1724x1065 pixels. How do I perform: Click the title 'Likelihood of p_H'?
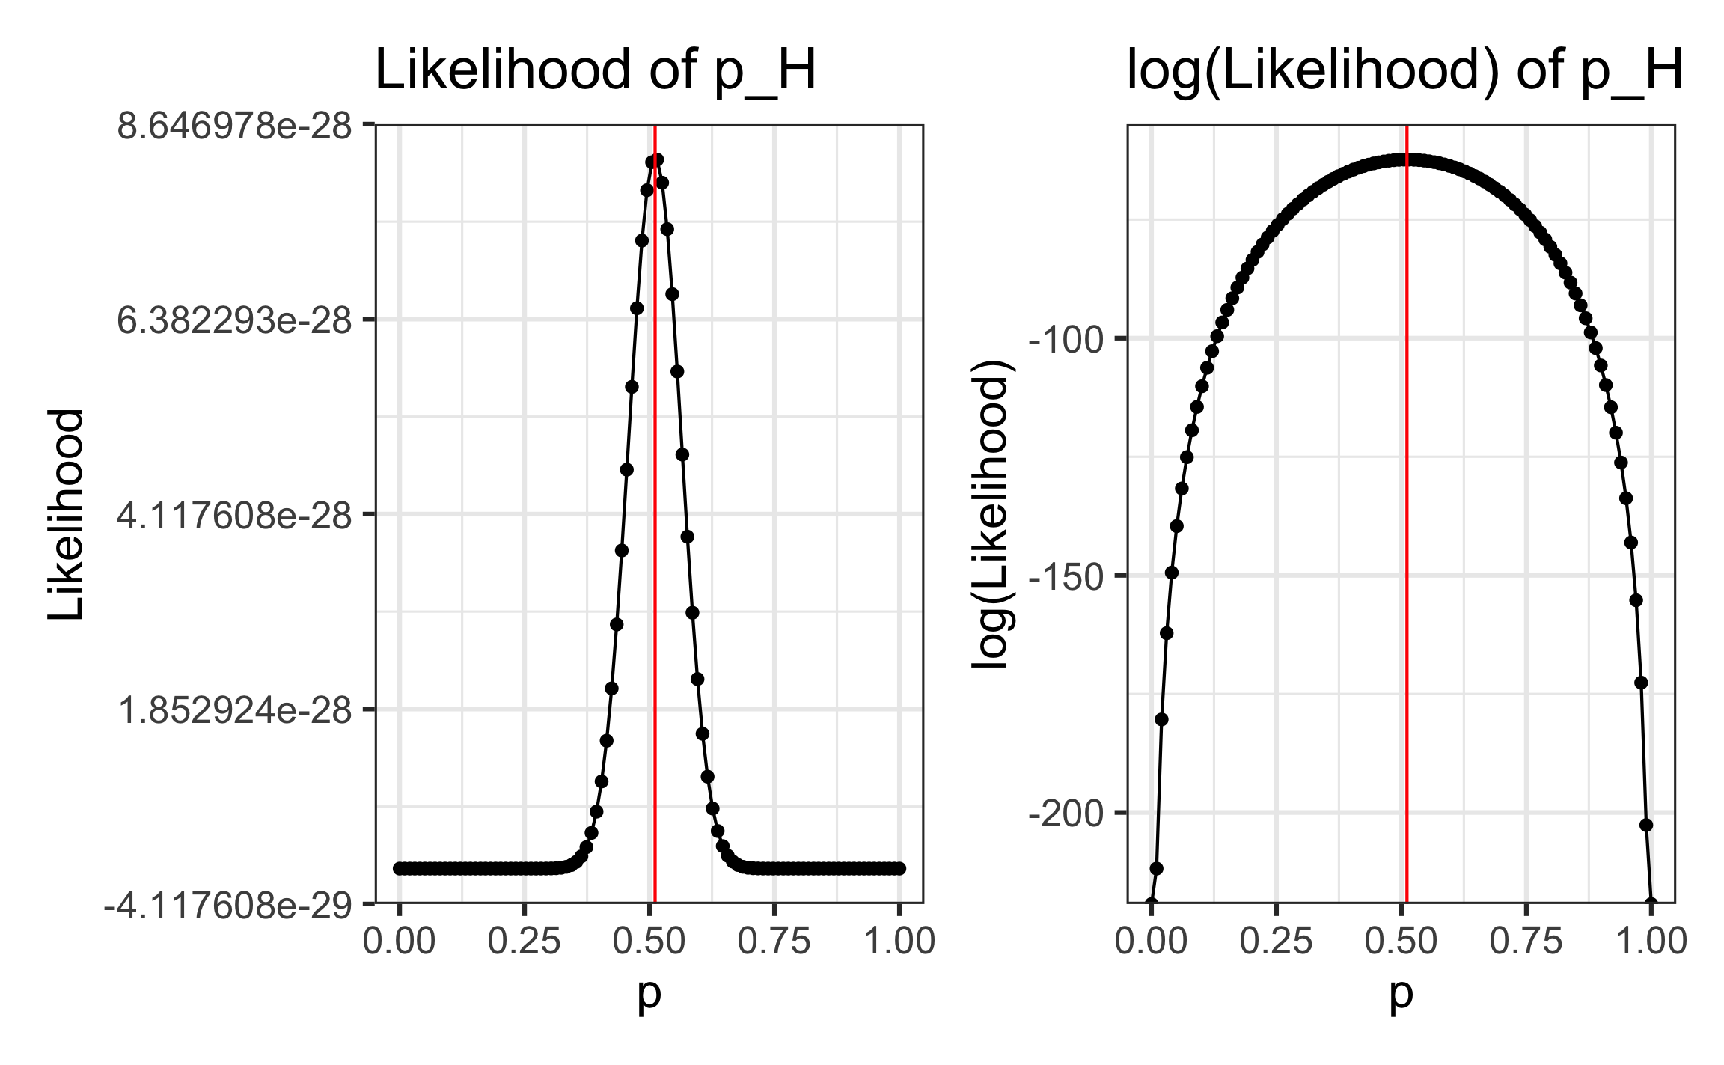tap(595, 70)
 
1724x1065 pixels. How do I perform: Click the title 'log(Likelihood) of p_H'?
tap(1404, 70)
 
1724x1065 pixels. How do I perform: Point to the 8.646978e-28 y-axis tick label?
tap(234, 126)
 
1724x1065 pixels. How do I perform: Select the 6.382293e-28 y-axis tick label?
tap(234, 320)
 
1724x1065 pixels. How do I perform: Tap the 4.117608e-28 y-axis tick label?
tap(234, 515)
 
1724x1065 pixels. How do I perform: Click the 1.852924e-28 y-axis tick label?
tap(234, 710)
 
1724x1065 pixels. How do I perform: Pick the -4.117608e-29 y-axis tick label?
tap(228, 906)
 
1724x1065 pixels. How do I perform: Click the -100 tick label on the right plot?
tap(1067, 340)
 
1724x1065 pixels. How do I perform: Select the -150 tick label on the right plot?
tap(1067, 577)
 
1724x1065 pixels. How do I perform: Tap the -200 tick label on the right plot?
tap(1067, 814)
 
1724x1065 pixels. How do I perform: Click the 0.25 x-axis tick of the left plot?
tap(524, 941)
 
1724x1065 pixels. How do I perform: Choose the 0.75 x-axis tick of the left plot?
tap(774, 941)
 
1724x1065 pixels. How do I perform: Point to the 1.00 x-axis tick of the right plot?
tap(1651, 941)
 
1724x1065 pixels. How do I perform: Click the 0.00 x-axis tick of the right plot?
tap(1151, 941)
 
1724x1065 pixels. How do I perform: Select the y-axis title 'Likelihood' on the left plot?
tap(66, 514)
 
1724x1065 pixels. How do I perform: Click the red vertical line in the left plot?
tap(655, 524)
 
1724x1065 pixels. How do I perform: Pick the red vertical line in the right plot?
tap(1407, 524)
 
